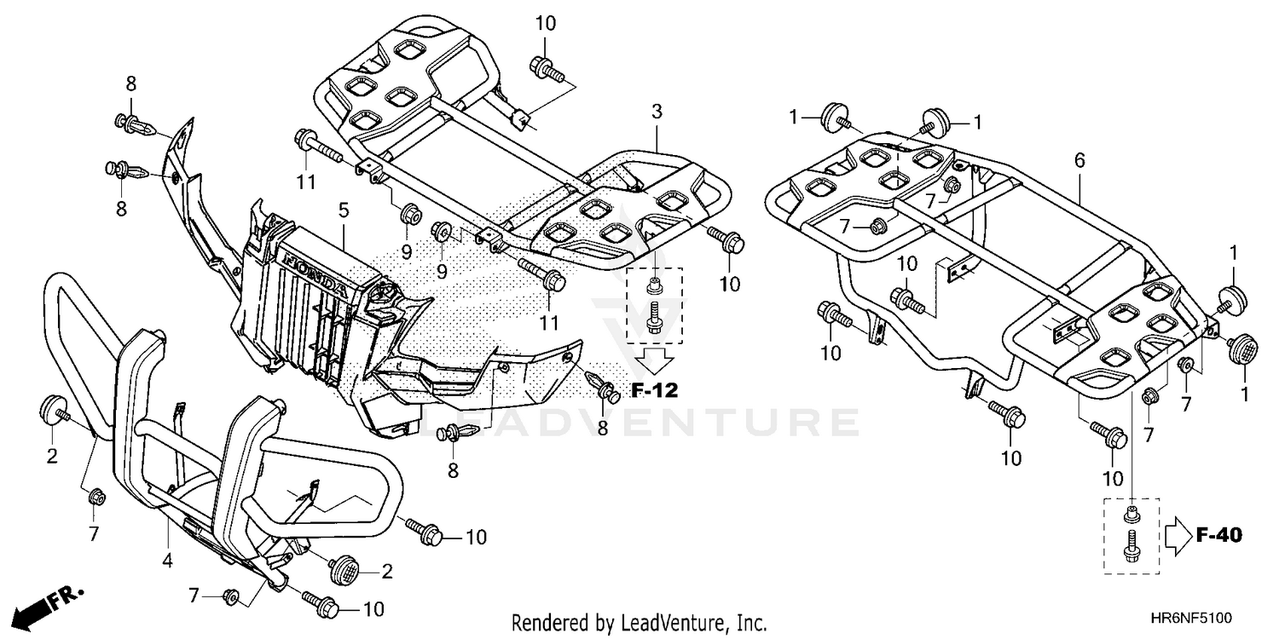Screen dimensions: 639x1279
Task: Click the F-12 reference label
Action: (x=654, y=391)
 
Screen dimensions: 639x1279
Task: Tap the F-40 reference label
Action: (x=1218, y=535)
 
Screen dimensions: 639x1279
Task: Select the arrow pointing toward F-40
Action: (x=1178, y=535)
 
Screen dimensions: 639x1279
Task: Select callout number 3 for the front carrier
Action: (x=657, y=111)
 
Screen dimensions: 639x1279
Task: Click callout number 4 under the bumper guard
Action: (x=168, y=561)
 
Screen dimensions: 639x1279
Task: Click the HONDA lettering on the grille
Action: (x=315, y=274)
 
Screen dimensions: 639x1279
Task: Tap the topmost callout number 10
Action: (x=545, y=23)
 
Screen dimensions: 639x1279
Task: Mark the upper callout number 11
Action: (x=306, y=181)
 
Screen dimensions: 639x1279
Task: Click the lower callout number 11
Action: (x=549, y=323)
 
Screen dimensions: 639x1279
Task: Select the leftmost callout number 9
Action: (x=407, y=251)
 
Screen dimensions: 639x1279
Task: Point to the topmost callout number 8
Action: (x=130, y=83)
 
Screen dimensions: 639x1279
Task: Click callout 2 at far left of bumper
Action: (x=52, y=456)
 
